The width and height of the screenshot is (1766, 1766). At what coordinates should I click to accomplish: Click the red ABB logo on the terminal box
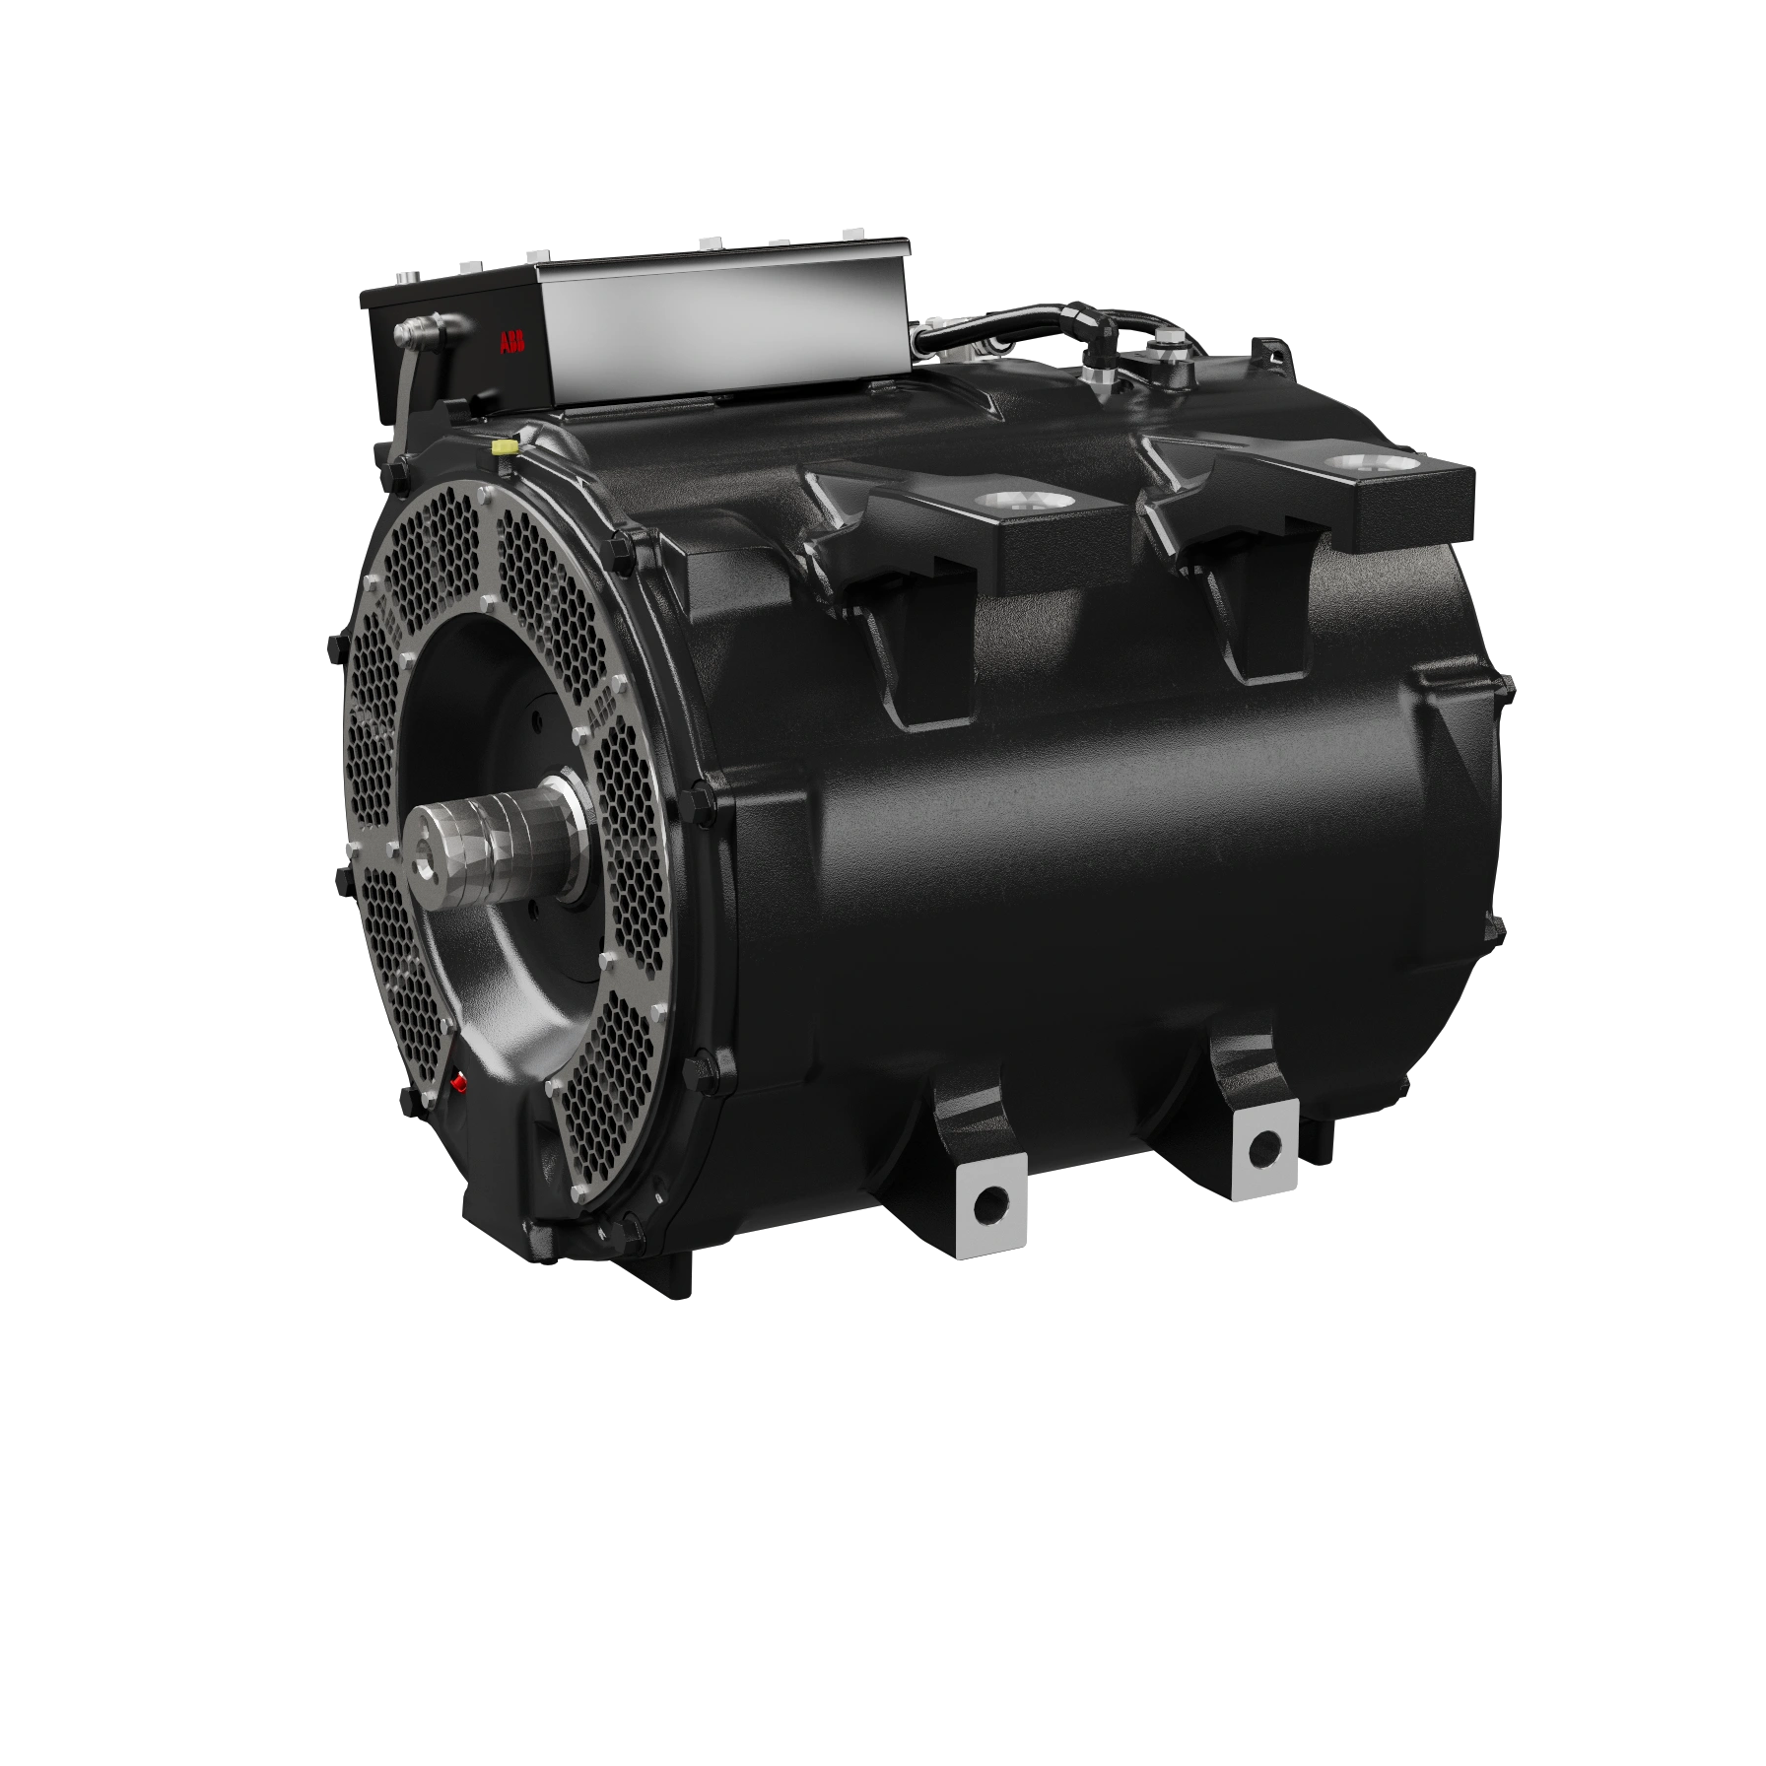[512, 343]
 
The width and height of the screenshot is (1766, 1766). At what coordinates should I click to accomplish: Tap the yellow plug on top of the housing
[505, 447]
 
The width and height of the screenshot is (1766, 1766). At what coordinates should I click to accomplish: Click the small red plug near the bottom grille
[457, 1083]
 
